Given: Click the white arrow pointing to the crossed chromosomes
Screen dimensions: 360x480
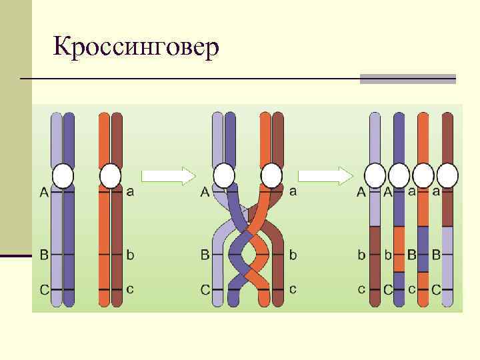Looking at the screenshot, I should point(169,176).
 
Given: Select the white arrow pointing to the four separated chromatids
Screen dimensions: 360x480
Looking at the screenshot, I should point(325,176).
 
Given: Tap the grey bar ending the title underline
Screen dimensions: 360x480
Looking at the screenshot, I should point(407,79).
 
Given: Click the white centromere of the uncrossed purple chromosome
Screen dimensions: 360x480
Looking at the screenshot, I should point(63,176).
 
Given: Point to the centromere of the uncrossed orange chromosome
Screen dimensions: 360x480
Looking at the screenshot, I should point(110,176).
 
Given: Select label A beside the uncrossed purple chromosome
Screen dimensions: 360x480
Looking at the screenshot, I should point(43,193).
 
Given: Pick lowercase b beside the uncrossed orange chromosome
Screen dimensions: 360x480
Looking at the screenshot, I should point(130,255).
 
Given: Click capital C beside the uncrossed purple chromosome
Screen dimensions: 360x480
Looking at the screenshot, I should point(43,290).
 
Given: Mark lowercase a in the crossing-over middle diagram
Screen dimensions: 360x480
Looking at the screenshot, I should point(293,191).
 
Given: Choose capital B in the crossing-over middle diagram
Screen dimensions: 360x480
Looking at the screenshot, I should point(205,255).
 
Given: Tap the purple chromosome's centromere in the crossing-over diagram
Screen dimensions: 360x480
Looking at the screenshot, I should point(224,176).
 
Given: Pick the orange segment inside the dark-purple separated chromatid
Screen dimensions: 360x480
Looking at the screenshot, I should point(399,249).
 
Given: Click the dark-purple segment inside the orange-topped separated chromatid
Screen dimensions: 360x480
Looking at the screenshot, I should point(423,249).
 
